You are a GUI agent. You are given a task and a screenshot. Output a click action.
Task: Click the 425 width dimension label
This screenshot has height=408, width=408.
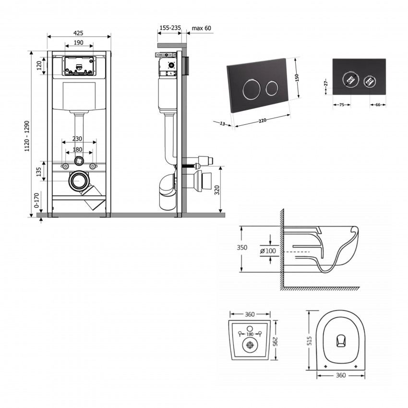[x=79, y=33]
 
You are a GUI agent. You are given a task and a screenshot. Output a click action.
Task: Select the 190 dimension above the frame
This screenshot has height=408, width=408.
[x=79, y=43]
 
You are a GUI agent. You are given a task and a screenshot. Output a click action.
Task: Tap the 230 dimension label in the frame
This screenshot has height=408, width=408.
[x=77, y=139]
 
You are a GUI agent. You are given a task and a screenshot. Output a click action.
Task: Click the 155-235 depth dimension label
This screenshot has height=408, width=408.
[x=169, y=28]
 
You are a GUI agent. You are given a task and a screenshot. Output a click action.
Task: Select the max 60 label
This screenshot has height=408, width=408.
[x=201, y=28]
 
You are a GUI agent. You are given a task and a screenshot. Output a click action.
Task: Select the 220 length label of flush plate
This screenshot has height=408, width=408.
[x=262, y=120]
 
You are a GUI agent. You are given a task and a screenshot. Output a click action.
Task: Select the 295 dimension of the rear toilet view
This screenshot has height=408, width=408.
[x=276, y=341]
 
